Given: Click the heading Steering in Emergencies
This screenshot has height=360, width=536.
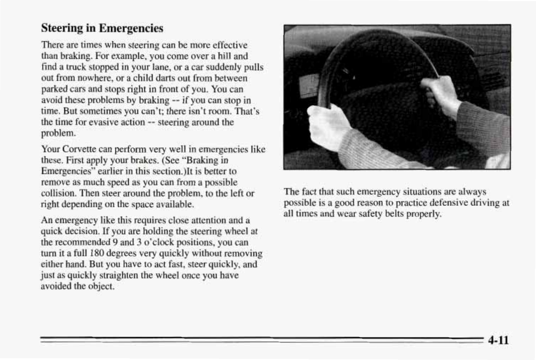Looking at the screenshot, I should [x=102, y=28].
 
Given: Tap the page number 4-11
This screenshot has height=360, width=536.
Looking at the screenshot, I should [x=498, y=340].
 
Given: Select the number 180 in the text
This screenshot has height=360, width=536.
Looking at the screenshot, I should [x=97, y=254].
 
